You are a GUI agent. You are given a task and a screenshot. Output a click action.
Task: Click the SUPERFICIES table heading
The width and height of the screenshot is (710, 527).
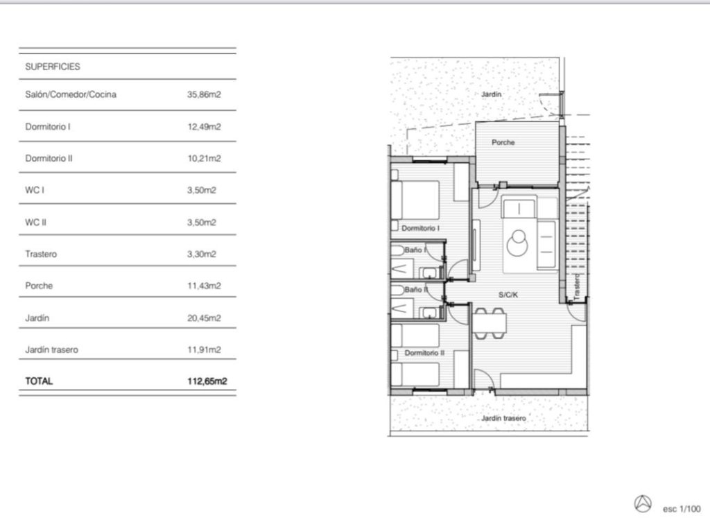coord(53,67)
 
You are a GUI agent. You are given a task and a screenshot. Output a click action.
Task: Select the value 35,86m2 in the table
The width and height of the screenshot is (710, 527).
coord(204,94)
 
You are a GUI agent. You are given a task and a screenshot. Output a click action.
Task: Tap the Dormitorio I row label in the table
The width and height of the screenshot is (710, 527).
coord(48,127)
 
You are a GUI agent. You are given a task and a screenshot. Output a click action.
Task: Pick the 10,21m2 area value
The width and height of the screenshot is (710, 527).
coord(204,158)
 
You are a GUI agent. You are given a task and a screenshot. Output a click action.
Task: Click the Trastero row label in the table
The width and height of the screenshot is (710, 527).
coord(41,254)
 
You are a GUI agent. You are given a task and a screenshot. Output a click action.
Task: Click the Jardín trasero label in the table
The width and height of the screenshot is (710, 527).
coord(51,349)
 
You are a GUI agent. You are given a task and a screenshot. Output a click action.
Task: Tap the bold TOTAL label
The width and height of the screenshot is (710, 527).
coord(39,381)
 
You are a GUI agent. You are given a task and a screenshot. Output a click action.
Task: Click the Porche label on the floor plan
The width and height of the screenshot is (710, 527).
coord(503,142)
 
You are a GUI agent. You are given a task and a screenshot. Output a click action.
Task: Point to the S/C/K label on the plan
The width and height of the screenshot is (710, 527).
coord(508,295)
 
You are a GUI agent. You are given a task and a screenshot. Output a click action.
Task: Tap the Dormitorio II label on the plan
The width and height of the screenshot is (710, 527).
coord(424,353)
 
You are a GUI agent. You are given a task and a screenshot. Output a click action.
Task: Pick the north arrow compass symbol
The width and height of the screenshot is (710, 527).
coord(643,503)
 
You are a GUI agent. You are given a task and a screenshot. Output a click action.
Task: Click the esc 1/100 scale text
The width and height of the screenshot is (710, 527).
coord(682,509)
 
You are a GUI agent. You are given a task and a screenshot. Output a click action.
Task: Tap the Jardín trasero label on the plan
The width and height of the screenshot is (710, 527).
coord(503,419)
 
